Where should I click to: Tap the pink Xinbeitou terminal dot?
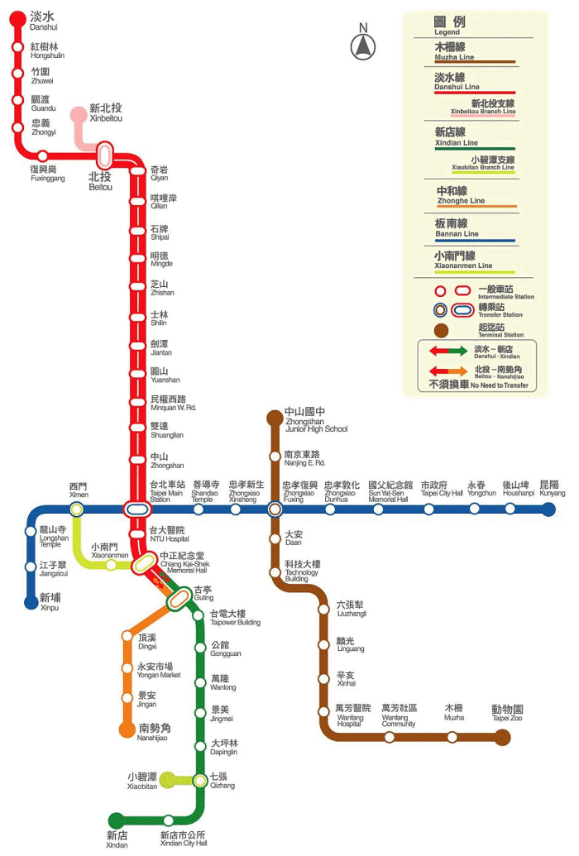coord(79,115)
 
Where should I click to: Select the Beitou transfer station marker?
coord(104,155)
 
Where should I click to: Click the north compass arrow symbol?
coord(362,46)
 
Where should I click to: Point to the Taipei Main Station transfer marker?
coord(136,509)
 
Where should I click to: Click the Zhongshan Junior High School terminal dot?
coord(275,418)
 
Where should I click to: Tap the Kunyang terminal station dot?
coord(548,509)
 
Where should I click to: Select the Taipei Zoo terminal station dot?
coord(502,738)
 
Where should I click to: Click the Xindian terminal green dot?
coord(117,820)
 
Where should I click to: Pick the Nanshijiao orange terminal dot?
coord(127,729)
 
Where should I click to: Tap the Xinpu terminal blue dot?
coord(31,602)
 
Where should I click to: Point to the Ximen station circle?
coord(77,509)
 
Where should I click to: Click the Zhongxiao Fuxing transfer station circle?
coord(275,509)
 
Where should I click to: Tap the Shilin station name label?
coord(160,318)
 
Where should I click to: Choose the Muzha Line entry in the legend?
coord(454,51)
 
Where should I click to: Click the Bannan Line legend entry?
coord(457,228)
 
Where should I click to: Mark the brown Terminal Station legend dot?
coord(441,330)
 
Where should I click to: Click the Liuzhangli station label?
coord(352,609)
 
